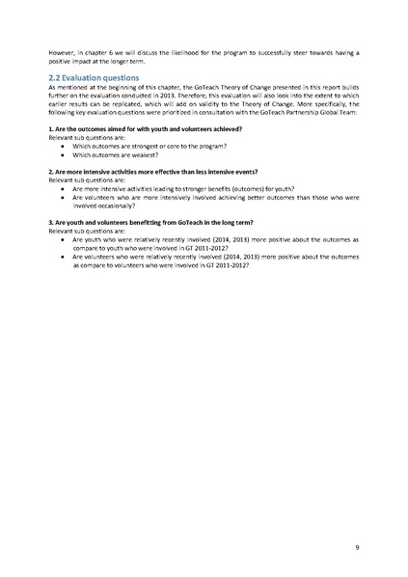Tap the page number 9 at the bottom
357,547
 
